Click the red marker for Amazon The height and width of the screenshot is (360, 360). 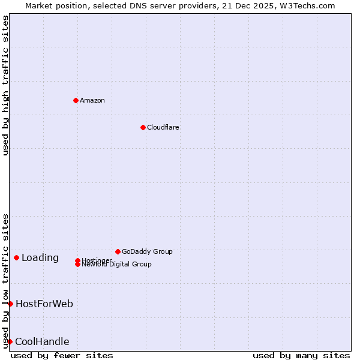point(76,100)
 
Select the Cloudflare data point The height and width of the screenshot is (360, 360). point(143,127)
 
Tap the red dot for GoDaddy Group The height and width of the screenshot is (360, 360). point(118,251)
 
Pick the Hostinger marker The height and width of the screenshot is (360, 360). point(77,260)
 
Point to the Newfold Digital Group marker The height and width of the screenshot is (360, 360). point(77,265)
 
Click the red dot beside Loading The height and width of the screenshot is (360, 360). point(16,257)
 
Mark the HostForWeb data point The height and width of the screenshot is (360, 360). point(10,304)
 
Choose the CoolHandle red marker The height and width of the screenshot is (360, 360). point(10,341)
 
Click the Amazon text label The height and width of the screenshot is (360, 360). point(92,100)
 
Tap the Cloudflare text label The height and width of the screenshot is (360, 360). point(163,127)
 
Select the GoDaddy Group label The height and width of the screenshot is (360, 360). point(147,251)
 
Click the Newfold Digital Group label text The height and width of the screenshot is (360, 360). point(117,265)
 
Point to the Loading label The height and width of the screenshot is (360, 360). point(40,258)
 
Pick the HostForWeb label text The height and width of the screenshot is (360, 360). point(44,304)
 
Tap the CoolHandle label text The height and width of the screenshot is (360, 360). point(42,342)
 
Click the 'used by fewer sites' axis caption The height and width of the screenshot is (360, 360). point(62,355)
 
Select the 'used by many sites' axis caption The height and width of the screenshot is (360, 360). point(301,355)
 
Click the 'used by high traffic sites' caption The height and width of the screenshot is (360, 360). point(5,85)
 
